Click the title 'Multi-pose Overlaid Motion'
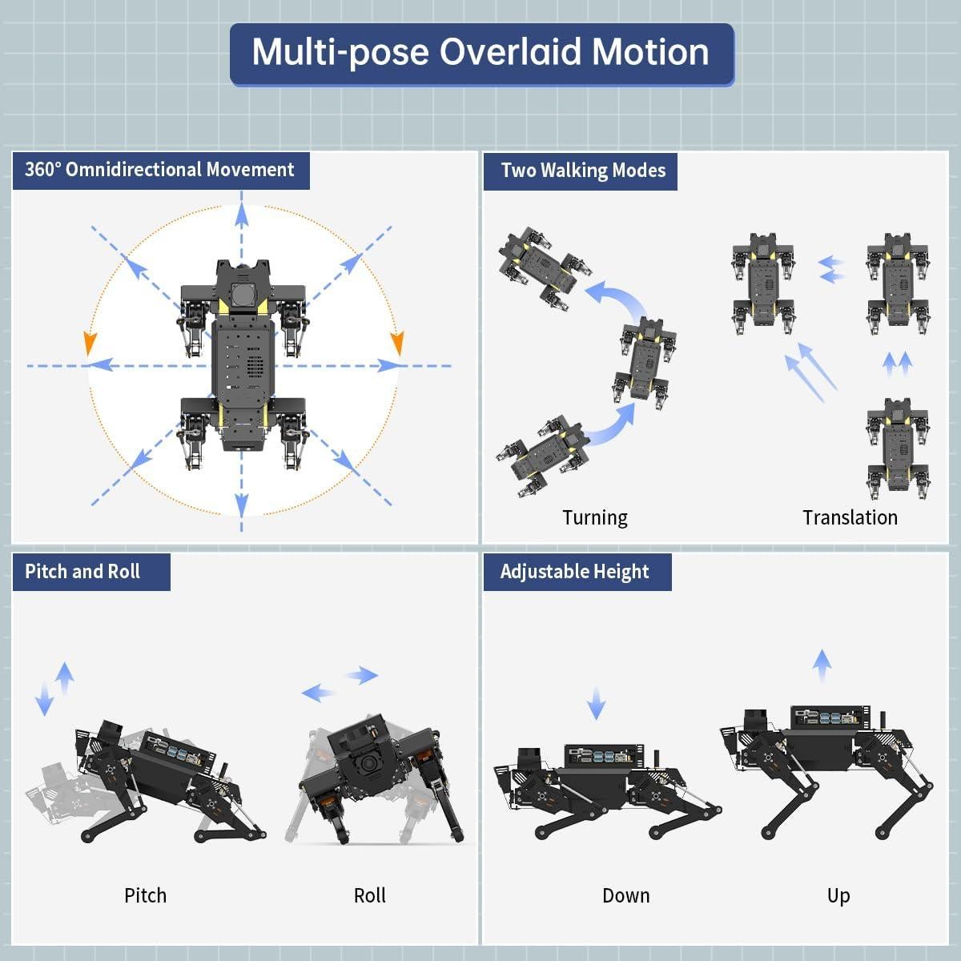(x=481, y=53)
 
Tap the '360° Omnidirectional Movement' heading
(x=160, y=170)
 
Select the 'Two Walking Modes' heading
(x=582, y=171)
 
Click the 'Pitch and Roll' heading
(x=82, y=572)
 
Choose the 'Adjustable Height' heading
(x=574, y=572)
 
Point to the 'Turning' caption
(x=594, y=517)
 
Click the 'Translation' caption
(x=850, y=517)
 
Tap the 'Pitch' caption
(x=145, y=895)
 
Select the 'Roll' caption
(x=369, y=895)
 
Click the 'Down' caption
(x=625, y=895)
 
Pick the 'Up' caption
(x=838, y=895)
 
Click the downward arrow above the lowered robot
(x=596, y=702)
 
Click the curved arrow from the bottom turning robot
(x=613, y=424)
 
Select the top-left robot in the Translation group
(x=763, y=283)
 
